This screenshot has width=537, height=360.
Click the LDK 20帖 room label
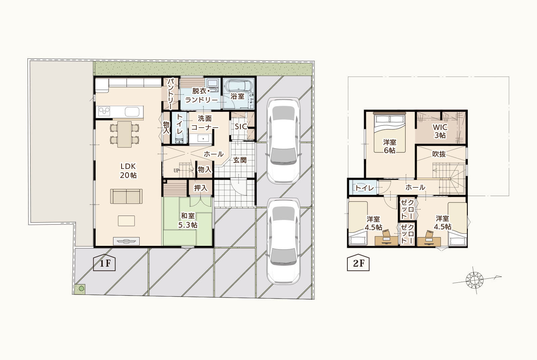click(x=128, y=171)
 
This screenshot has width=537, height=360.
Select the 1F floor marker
click(x=104, y=262)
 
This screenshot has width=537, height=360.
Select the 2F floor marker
click(x=358, y=262)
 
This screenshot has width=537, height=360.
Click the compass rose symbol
click(x=475, y=280)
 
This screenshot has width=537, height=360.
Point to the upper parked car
click(x=283, y=141)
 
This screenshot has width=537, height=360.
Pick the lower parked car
click(x=283, y=241)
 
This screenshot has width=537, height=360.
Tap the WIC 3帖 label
click(x=440, y=131)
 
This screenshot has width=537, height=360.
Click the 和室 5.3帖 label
click(x=188, y=220)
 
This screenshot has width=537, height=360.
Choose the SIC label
click(x=241, y=126)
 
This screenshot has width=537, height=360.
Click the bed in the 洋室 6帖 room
click(x=390, y=133)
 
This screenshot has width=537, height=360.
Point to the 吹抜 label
click(x=439, y=154)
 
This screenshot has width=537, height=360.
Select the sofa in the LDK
click(x=126, y=196)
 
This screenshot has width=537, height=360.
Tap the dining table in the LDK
click(x=125, y=134)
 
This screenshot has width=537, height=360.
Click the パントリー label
click(x=170, y=94)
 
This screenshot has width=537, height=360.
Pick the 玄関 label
click(x=240, y=160)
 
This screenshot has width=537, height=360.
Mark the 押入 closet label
click(x=200, y=188)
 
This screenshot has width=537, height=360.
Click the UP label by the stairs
click(x=176, y=171)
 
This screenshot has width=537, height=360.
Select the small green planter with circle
click(x=81, y=288)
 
